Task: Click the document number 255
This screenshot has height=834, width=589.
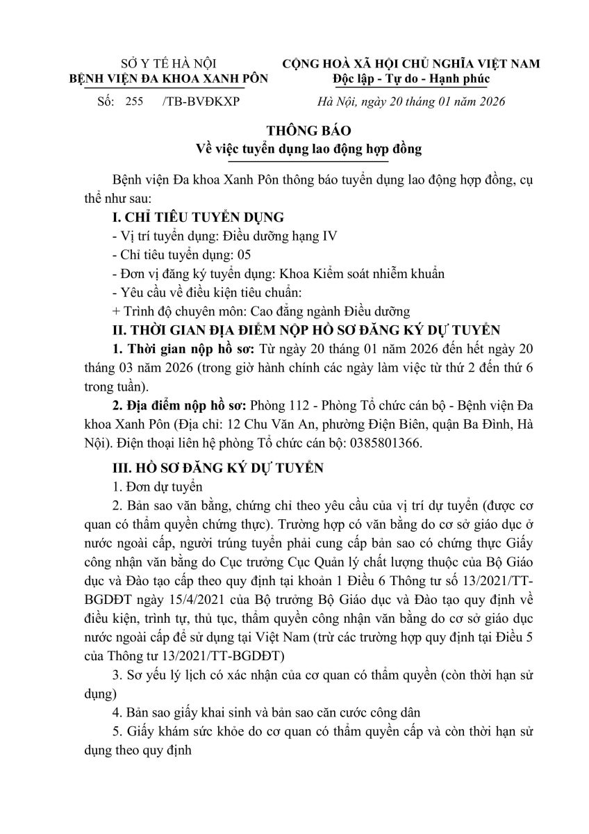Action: pos(134,101)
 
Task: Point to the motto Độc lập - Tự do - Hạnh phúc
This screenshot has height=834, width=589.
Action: pos(410,78)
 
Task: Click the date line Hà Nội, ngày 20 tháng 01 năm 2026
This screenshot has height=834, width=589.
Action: pos(410,101)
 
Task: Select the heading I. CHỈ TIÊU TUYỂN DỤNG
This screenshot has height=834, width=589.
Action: pos(197,218)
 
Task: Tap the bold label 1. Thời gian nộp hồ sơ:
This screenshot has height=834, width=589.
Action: pos(185,347)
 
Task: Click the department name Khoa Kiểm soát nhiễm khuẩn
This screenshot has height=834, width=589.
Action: pos(362,273)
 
